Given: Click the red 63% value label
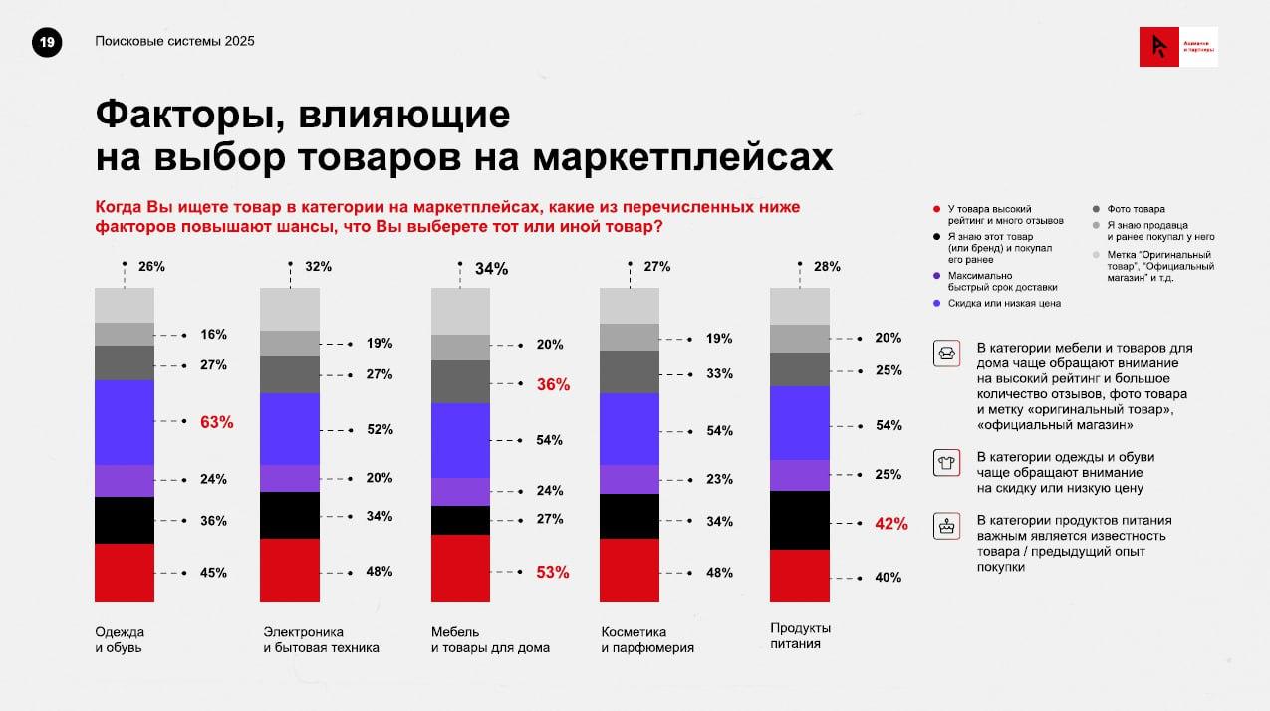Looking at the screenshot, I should (216, 422).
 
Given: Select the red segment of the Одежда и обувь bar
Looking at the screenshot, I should (125, 573).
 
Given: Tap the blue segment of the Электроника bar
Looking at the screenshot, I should (290, 429).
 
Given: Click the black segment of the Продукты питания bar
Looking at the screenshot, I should (800, 520).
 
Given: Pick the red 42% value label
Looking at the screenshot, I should (890, 523).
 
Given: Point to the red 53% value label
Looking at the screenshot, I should (553, 572).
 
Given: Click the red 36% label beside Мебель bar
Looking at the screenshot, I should (553, 384).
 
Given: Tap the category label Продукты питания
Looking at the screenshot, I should (801, 636).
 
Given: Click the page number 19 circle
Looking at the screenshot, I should (48, 42).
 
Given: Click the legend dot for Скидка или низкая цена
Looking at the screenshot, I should (936, 303).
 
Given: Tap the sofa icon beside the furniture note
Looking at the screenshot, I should (945, 354).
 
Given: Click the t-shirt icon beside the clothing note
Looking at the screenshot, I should (945, 462).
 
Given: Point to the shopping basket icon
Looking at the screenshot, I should (945, 525).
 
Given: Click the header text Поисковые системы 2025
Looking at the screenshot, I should (174, 41).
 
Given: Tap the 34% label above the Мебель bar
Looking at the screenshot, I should (491, 268).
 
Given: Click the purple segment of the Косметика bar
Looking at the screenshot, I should (629, 479).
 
